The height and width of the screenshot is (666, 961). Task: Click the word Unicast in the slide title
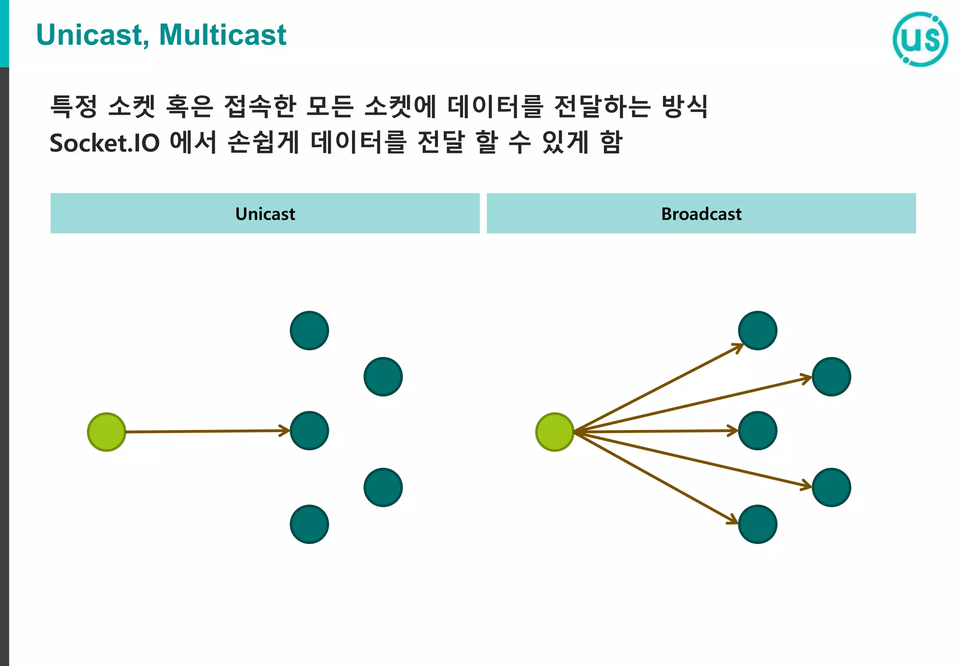click(89, 35)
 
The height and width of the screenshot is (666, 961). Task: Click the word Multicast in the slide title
click(222, 35)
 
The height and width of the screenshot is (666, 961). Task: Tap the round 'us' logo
click(920, 39)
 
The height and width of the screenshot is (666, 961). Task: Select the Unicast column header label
click(265, 214)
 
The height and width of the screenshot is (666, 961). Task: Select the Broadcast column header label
click(701, 214)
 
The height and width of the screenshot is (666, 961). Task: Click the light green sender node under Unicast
click(107, 432)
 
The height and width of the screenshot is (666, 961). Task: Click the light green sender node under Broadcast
click(555, 432)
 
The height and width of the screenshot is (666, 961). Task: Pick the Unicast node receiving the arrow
click(309, 431)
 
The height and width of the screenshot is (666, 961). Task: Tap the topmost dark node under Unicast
click(309, 330)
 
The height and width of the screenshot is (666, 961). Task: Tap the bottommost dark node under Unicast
click(309, 524)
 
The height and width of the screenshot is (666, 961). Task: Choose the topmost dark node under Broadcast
click(757, 330)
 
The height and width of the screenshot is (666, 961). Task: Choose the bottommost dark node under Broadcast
click(757, 524)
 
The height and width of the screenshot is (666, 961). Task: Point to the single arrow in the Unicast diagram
click(206, 431)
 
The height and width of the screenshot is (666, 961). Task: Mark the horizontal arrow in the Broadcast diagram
click(657, 431)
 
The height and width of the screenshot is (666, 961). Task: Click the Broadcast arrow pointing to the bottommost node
click(657, 478)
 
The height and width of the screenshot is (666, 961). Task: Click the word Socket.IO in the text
click(105, 143)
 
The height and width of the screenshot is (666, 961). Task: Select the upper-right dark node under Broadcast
click(831, 377)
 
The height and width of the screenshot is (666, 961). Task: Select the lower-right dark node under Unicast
click(383, 487)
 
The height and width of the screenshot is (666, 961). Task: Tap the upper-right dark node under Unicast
click(383, 377)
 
